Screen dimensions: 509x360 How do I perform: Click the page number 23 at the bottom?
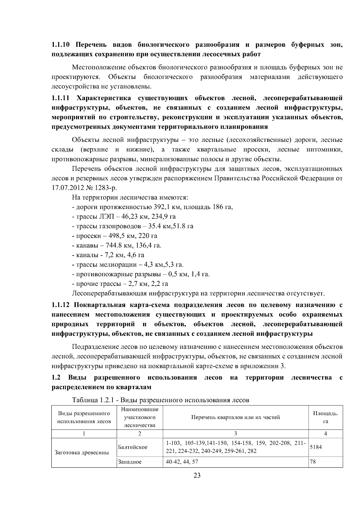pyautogui.click(x=197, y=476)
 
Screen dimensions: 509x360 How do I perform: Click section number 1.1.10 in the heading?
pyautogui.click(x=61, y=45)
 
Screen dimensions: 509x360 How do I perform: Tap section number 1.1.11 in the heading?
pyautogui.click(x=61, y=98)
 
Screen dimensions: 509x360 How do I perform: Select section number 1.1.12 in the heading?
pyautogui.click(x=61, y=305)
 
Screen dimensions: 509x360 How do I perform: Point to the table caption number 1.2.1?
pyautogui.click(x=107, y=400)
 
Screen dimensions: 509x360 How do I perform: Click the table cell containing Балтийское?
pyautogui.click(x=133, y=447)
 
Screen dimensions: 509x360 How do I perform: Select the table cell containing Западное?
pyautogui.click(x=130, y=462)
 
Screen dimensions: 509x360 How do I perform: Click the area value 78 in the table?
pyautogui.click(x=313, y=462)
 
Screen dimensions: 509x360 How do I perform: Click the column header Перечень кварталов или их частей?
pyautogui.click(x=235, y=417)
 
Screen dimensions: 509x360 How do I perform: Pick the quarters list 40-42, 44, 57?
pyautogui.click(x=182, y=462)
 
